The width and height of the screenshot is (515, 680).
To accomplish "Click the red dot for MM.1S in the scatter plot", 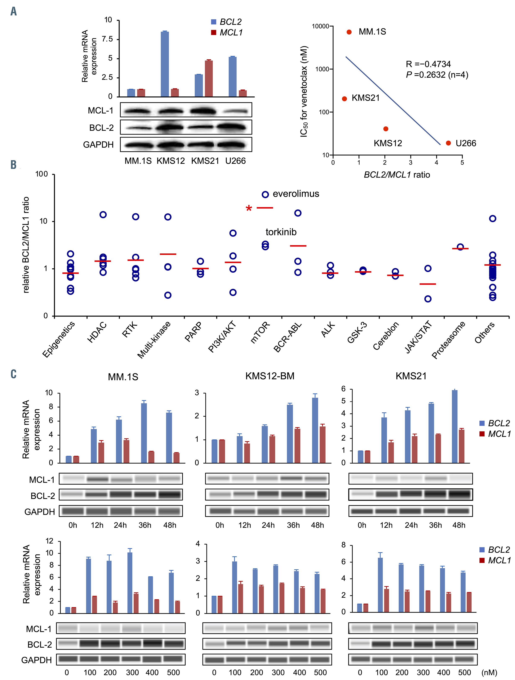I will click(349, 32).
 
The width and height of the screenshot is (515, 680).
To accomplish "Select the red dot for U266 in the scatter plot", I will click(448, 143).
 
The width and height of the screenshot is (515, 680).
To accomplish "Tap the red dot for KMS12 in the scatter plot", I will click(386, 129).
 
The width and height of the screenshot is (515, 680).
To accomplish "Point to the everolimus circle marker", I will click(265, 194).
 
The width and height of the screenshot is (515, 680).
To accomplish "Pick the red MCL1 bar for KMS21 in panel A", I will click(209, 78).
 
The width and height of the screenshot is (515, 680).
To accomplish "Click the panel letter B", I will click(14, 165).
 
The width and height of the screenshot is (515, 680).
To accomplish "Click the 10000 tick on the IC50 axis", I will click(321, 26).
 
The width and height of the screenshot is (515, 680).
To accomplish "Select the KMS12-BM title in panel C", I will click(270, 376).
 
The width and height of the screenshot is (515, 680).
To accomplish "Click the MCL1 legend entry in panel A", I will click(231, 33).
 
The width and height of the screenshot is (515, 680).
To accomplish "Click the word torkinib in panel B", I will click(281, 232).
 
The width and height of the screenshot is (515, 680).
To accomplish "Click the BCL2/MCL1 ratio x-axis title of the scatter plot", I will click(397, 175).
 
